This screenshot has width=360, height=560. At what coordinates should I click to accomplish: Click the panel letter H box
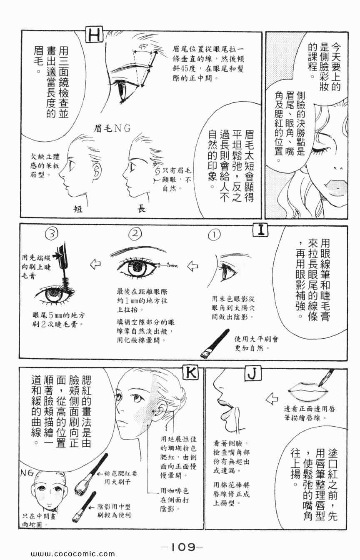coord(95,35)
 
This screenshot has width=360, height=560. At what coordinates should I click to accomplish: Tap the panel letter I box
coord(260,230)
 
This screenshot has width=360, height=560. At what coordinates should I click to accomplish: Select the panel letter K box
coord(190,373)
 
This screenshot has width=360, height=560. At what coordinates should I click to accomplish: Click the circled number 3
coord(52,234)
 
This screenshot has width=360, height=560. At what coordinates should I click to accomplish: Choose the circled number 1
coord(214,235)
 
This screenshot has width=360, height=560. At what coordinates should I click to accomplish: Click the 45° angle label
coord(143,47)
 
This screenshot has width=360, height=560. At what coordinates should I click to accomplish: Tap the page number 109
coord(182,540)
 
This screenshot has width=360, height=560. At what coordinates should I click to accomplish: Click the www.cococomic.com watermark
coord(73,554)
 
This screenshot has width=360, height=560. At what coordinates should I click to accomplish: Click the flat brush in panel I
coord(215,343)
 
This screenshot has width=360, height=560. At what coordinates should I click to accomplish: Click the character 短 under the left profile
coord(78,209)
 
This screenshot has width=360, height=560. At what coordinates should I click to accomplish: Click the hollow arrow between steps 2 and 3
coord(95,264)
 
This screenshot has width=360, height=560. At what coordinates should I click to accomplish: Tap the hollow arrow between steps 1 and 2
coord(192,266)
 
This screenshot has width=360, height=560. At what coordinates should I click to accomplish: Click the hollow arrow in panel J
coord(272,398)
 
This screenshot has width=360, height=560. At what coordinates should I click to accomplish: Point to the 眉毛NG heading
coord(112,128)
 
